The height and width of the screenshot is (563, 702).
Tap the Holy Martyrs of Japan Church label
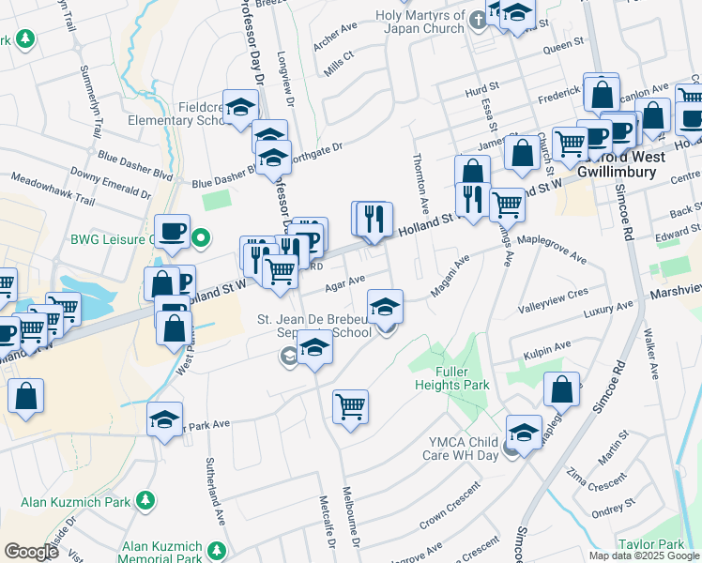tap(420, 22)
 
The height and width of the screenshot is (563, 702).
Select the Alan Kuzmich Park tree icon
tap(145, 501)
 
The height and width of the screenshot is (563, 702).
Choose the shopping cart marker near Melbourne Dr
tap(350, 407)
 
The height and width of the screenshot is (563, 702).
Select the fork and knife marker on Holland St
tap(374, 219)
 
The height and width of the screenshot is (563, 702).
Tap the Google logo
tap(32, 552)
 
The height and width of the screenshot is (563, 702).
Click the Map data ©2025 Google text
tap(644, 555)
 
